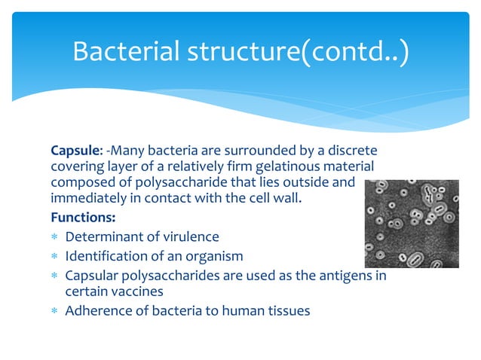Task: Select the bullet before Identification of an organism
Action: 55,257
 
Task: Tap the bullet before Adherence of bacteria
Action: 55,310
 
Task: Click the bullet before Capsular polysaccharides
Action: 55,275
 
